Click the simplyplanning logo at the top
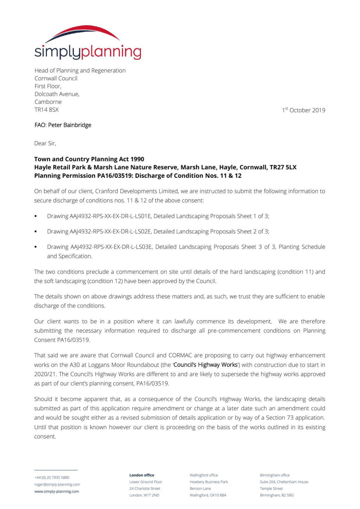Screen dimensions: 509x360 [88, 43]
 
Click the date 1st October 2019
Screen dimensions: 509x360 [303, 110]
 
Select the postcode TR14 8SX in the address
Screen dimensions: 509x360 [47, 110]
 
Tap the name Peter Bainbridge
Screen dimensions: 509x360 [70, 125]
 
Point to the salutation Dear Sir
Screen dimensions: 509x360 [45, 143]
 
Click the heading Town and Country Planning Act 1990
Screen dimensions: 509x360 [89, 159]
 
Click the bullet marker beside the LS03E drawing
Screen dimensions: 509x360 [36, 247]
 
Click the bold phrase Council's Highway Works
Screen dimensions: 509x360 [206, 365]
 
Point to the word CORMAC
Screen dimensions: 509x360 [180, 355]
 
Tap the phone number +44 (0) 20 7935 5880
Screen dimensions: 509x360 [52, 478]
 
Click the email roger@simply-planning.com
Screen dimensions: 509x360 [57, 485]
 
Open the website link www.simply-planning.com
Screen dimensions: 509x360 [57, 492]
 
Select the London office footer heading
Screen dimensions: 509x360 [142, 475]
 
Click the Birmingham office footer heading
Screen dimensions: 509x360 [275, 475]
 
